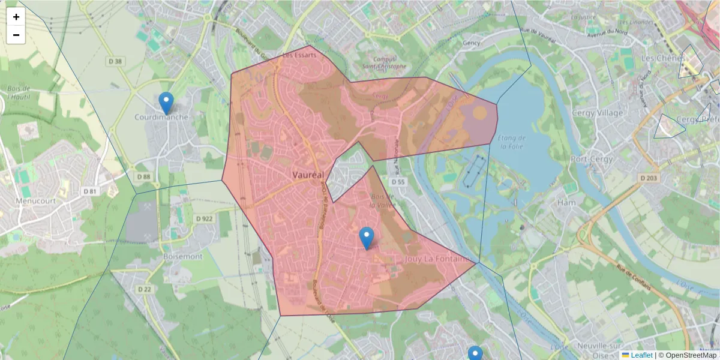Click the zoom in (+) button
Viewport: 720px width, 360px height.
coord(16,17)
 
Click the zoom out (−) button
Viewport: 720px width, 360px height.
coord(16,35)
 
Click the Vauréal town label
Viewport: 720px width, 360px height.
coord(308,175)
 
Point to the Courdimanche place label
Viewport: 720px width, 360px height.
coord(161,117)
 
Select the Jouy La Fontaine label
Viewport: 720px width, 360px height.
coord(437,259)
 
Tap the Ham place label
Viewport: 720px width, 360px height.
coord(566,202)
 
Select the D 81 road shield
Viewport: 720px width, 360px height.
coord(89,191)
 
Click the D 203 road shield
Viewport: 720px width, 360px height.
coord(649,178)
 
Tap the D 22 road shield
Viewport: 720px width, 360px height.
coord(145,289)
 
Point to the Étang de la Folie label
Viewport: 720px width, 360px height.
coord(512,142)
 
